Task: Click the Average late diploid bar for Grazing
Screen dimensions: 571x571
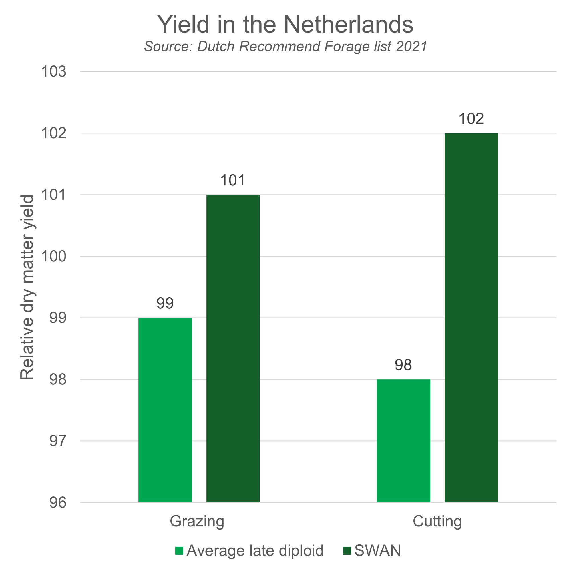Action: pyautogui.click(x=165, y=410)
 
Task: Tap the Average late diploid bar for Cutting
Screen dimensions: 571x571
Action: pyautogui.click(x=403, y=440)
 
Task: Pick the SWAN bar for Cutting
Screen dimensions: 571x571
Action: pyautogui.click(x=471, y=318)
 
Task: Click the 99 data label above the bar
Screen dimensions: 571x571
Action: pyautogui.click(x=165, y=303)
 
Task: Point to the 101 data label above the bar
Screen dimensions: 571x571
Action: pyautogui.click(x=233, y=180)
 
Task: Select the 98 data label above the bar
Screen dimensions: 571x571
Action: pyautogui.click(x=403, y=364)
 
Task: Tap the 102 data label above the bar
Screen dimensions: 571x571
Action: pyautogui.click(x=471, y=119)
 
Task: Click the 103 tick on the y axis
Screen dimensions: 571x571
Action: pyautogui.click(x=54, y=72)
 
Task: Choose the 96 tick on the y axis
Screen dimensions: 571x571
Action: pyautogui.click(x=58, y=502)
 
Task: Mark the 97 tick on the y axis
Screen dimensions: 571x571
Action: pyautogui.click(x=58, y=441)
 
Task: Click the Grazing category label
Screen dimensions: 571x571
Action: pyautogui.click(x=197, y=521)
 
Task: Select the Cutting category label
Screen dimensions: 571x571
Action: pyautogui.click(x=437, y=521)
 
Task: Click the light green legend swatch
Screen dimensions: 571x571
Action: pyautogui.click(x=179, y=551)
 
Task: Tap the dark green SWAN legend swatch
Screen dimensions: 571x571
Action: pyautogui.click(x=347, y=551)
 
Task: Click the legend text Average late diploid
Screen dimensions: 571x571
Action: pyautogui.click(x=255, y=551)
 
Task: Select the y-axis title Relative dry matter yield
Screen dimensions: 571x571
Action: pyautogui.click(x=27, y=287)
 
